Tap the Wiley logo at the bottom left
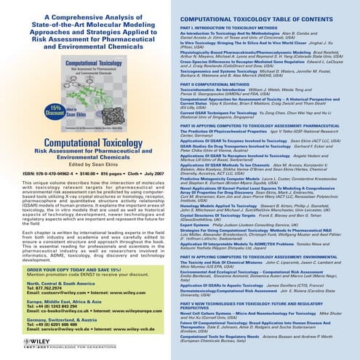25,344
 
